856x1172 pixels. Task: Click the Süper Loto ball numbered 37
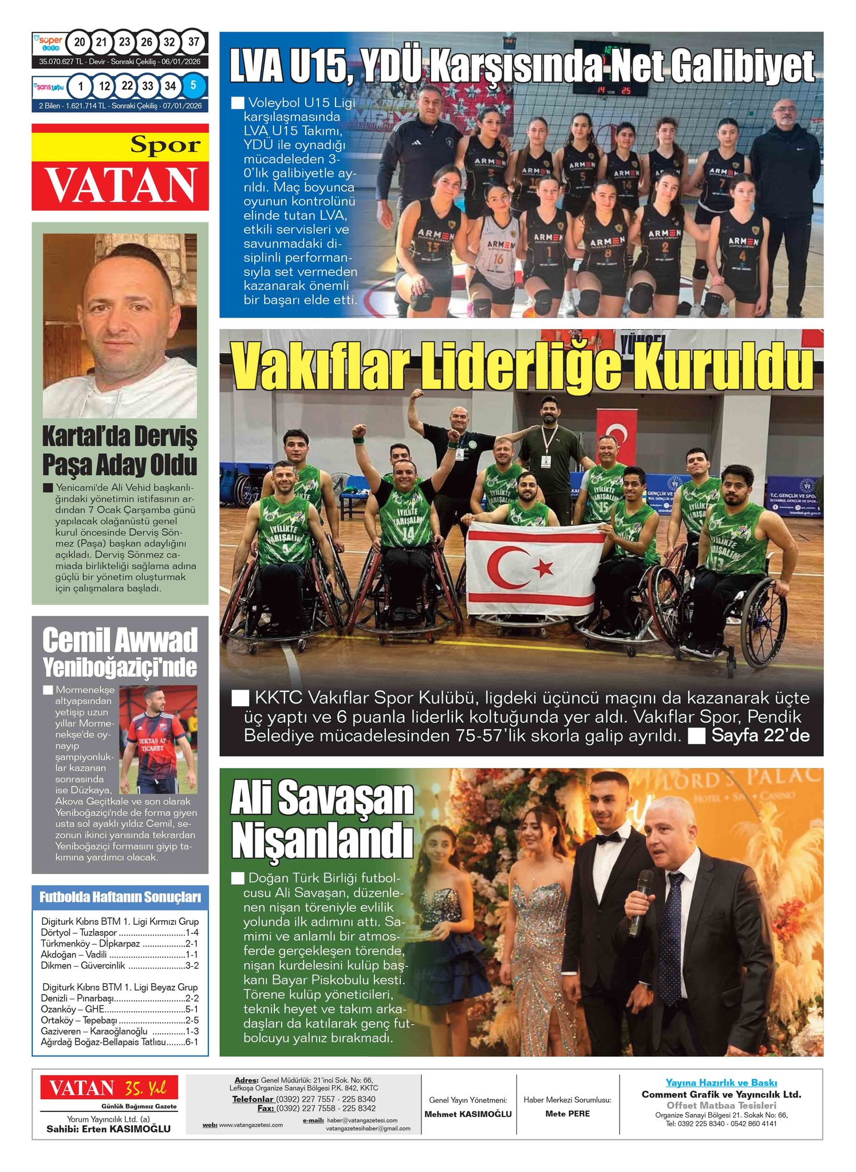(x=194, y=42)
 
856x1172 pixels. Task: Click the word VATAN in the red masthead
(x=120, y=184)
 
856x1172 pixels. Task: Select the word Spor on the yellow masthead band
(x=165, y=145)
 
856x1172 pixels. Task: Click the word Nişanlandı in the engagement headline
(x=322, y=841)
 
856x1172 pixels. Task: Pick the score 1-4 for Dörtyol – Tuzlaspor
(x=192, y=933)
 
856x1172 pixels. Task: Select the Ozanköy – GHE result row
(x=120, y=1009)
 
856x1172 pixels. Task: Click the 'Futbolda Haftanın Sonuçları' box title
(x=120, y=897)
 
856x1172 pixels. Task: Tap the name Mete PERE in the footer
(x=567, y=1113)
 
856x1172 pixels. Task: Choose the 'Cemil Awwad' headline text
(x=120, y=640)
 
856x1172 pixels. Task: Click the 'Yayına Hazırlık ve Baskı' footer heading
(x=721, y=1082)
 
